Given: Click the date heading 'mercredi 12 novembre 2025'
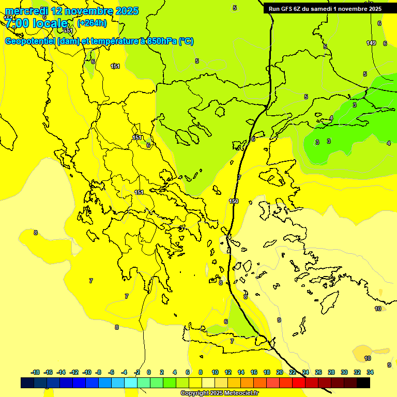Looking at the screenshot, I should pos(71,11).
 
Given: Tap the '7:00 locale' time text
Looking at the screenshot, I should pos(36,23).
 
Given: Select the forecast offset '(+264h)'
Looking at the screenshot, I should pos(92,23).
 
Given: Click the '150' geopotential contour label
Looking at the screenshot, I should pos(234,201).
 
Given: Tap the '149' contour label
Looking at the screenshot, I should pos(371,43).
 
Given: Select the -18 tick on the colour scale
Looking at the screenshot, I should pos(35,372).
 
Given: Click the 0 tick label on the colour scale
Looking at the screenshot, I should pos(149,372).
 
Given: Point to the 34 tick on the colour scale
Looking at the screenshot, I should pos(370,372).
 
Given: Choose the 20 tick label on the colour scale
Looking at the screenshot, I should pos(280,372).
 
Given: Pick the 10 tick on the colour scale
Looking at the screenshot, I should pos(215,372).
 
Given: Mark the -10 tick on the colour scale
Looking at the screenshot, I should pos(87,372).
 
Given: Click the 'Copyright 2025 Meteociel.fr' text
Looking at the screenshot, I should pos(219,393).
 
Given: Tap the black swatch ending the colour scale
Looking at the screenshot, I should pos(363,383).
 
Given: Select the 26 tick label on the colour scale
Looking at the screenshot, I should pos(318,372).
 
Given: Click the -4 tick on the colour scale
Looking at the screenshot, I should pos(124,372).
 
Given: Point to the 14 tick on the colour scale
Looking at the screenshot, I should pos(241,372).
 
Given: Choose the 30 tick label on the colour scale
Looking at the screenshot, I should pos(344,372).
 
